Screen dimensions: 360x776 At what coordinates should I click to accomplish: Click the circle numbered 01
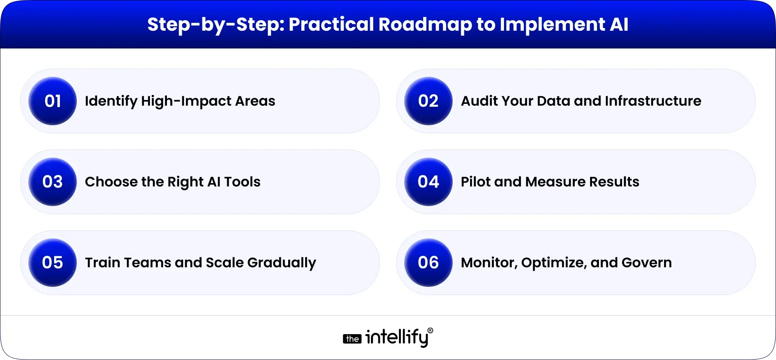tap(53, 101)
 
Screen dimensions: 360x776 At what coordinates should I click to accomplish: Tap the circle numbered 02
tap(428, 101)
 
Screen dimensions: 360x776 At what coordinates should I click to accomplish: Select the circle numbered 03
tap(53, 182)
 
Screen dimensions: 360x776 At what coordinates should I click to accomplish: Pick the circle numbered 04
tap(428, 182)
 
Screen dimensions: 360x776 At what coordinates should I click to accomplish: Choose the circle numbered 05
tap(53, 263)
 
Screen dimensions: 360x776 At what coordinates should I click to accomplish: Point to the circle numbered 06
tap(428, 263)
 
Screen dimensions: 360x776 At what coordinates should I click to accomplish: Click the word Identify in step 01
tap(111, 101)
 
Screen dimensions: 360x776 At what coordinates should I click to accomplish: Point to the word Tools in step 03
tap(242, 182)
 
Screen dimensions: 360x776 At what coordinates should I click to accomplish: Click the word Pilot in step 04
tap(475, 182)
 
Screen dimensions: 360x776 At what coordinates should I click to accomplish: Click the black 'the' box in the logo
tap(352, 339)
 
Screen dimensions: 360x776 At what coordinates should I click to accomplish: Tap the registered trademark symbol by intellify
tap(430, 331)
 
